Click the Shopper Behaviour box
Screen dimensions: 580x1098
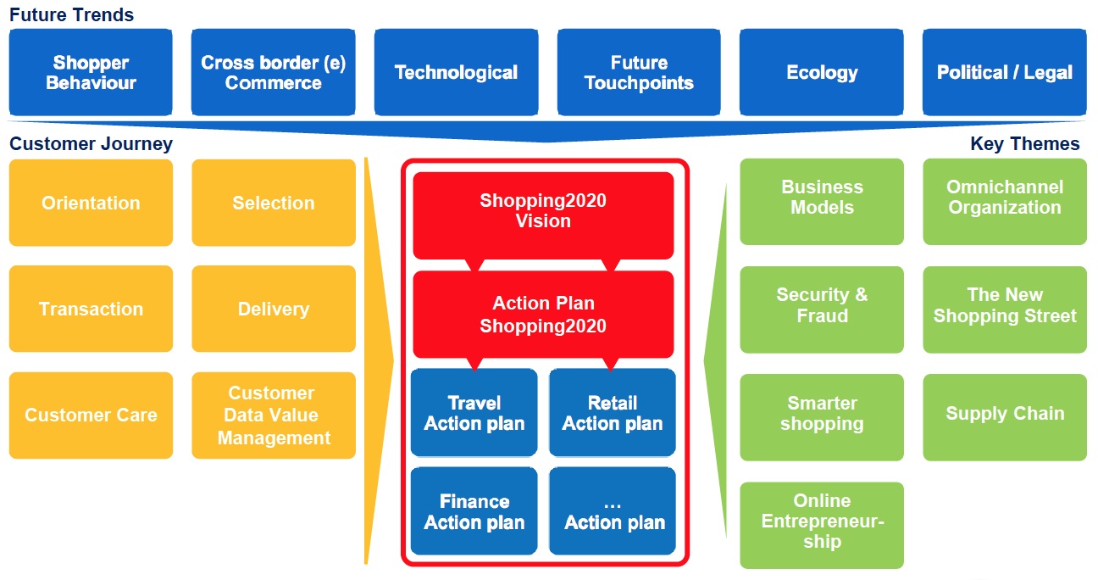(91, 72)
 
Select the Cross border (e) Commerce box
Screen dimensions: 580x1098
(273, 72)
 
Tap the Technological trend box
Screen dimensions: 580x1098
(456, 72)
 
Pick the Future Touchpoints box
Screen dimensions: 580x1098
(639, 72)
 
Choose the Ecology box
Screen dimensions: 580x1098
(821, 72)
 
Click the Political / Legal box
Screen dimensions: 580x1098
(1004, 72)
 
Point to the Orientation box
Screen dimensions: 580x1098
(91, 203)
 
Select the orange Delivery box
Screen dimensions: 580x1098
(273, 309)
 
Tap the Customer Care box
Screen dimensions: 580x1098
(91, 415)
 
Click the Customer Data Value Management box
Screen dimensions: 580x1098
(273, 415)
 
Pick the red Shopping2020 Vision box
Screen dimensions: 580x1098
(543, 211)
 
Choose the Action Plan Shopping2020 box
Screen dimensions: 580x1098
(543, 314)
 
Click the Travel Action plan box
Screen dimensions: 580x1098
(474, 413)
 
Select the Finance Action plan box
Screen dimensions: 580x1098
(474, 511)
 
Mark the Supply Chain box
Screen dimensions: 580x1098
(1004, 415)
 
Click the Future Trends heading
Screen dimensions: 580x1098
(72, 14)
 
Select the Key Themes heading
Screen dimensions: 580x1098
(1024, 144)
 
